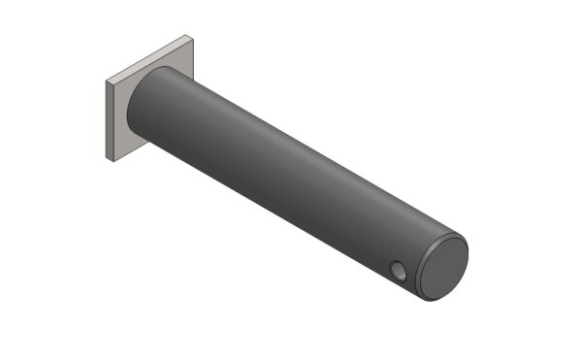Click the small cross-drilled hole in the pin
(x=399, y=267)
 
